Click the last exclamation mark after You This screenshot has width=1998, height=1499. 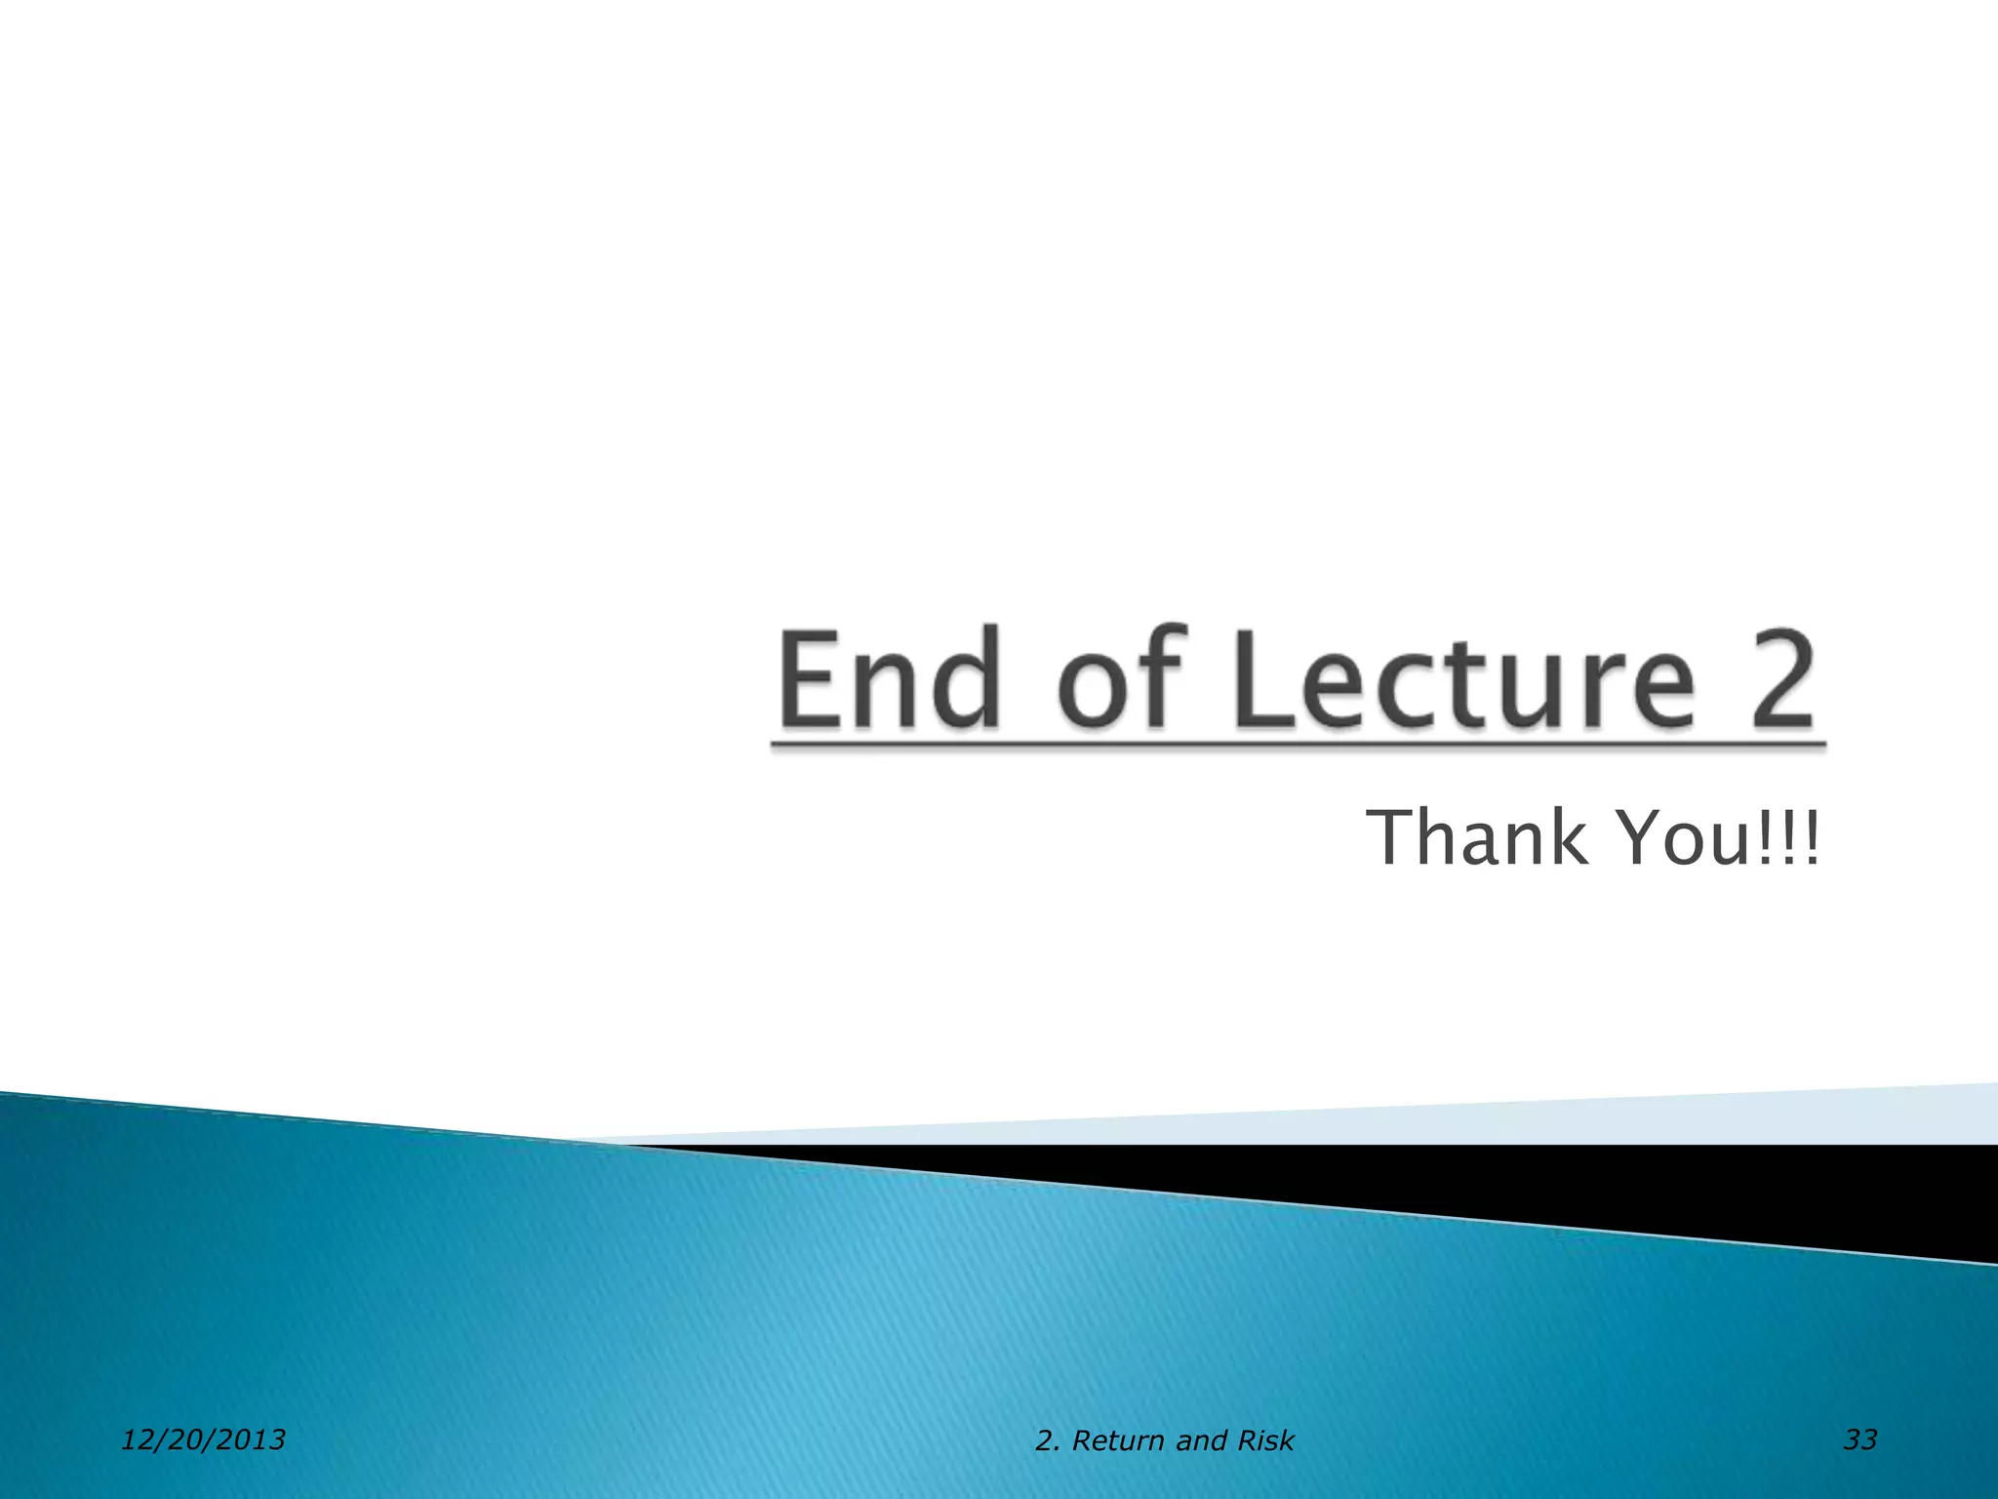click(x=1811, y=837)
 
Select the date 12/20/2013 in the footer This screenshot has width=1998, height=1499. click(x=203, y=1439)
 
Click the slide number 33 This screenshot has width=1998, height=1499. click(x=1859, y=1439)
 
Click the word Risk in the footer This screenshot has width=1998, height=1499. click(x=1265, y=1441)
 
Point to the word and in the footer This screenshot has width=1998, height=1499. click(x=1201, y=1441)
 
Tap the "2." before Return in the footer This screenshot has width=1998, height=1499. click(x=1048, y=1441)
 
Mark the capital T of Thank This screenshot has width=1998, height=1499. click(x=1393, y=837)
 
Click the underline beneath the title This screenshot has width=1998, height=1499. click(x=1298, y=747)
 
